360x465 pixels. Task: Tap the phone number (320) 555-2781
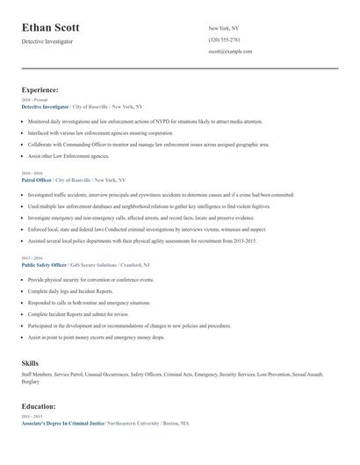click(224, 39)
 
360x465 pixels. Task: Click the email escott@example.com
click(230, 51)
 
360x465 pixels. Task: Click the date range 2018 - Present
click(35, 100)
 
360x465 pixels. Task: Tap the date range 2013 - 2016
click(32, 258)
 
